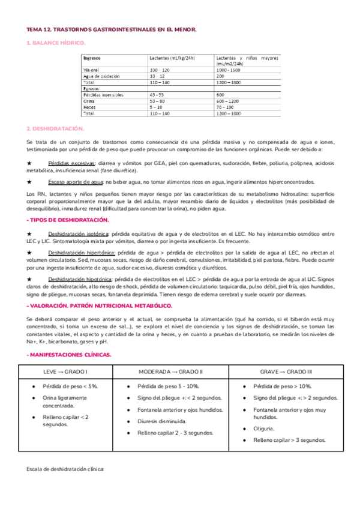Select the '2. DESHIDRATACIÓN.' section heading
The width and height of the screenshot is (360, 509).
[56, 128]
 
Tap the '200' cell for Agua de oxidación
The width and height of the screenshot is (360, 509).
[220, 76]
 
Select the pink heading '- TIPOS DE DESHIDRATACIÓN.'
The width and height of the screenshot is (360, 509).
[68, 220]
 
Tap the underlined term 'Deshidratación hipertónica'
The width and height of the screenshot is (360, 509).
[83, 256]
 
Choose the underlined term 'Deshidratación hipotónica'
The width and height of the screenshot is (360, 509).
[82, 280]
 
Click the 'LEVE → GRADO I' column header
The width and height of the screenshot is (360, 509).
[66, 372]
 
